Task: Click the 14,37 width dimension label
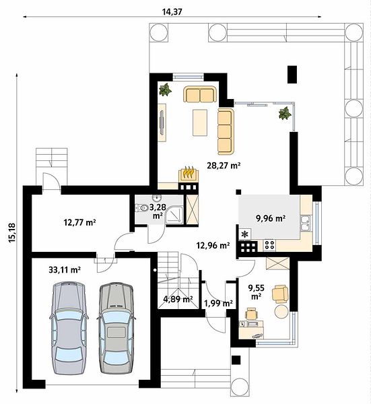(172, 12)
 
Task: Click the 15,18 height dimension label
(12, 233)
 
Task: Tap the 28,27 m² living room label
(224, 165)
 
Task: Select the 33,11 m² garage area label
(65, 270)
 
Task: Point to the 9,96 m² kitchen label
(271, 218)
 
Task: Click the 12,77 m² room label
(80, 222)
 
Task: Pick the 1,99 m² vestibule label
(218, 303)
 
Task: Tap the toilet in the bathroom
(141, 207)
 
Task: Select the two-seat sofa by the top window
(200, 94)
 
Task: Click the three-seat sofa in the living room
(226, 131)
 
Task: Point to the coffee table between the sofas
(200, 123)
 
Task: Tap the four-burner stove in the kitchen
(270, 244)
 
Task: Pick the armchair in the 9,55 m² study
(280, 294)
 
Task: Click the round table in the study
(281, 312)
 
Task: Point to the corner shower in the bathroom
(174, 214)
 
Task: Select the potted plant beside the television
(165, 90)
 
